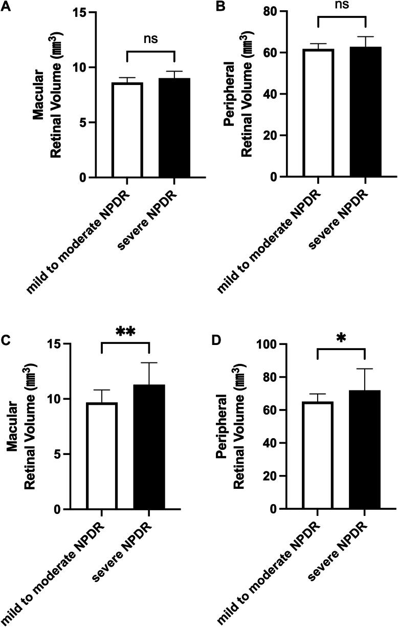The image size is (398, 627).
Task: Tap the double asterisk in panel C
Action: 125,332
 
